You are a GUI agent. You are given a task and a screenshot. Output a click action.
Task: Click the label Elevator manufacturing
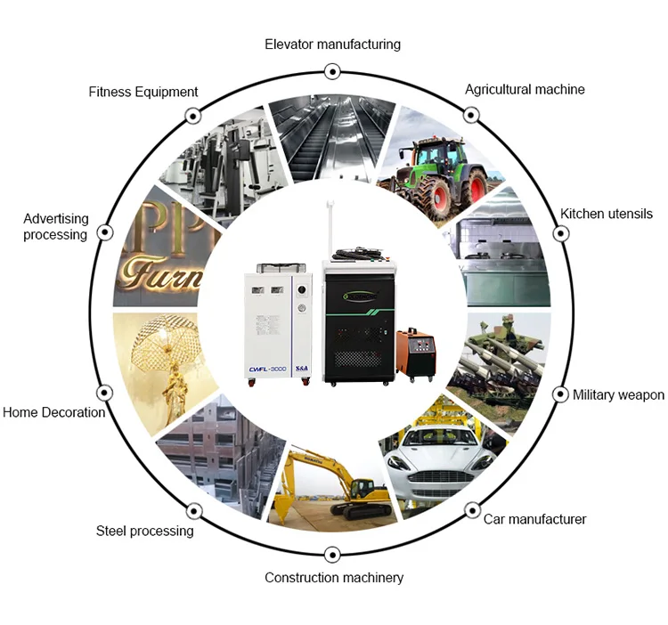(x=332, y=44)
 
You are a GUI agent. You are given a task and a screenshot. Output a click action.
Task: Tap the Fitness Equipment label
(x=143, y=92)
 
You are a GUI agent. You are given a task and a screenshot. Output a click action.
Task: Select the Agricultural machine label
(x=525, y=89)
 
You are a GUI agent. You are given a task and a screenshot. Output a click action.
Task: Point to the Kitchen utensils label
(x=606, y=214)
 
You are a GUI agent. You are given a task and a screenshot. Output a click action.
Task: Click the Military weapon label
(x=618, y=394)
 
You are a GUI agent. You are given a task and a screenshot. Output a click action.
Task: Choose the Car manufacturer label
(x=534, y=518)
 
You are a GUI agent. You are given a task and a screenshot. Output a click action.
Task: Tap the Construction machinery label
(x=334, y=578)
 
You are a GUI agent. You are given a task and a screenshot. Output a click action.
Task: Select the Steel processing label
(x=144, y=531)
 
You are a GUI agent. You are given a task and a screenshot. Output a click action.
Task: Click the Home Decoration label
(x=53, y=412)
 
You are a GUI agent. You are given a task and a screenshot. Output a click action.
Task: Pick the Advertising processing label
(x=55, y=226)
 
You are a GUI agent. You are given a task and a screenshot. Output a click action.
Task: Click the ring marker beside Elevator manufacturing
(x=332, y=70)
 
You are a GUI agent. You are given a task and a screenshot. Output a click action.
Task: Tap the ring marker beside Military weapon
(x=561, y=394)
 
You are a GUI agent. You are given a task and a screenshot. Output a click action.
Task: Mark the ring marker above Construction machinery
(x=332, y=554)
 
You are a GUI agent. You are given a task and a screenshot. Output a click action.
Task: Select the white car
(x=445, y=454)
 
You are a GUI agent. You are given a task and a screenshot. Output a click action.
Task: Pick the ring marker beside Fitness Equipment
(x=192, y=116)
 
